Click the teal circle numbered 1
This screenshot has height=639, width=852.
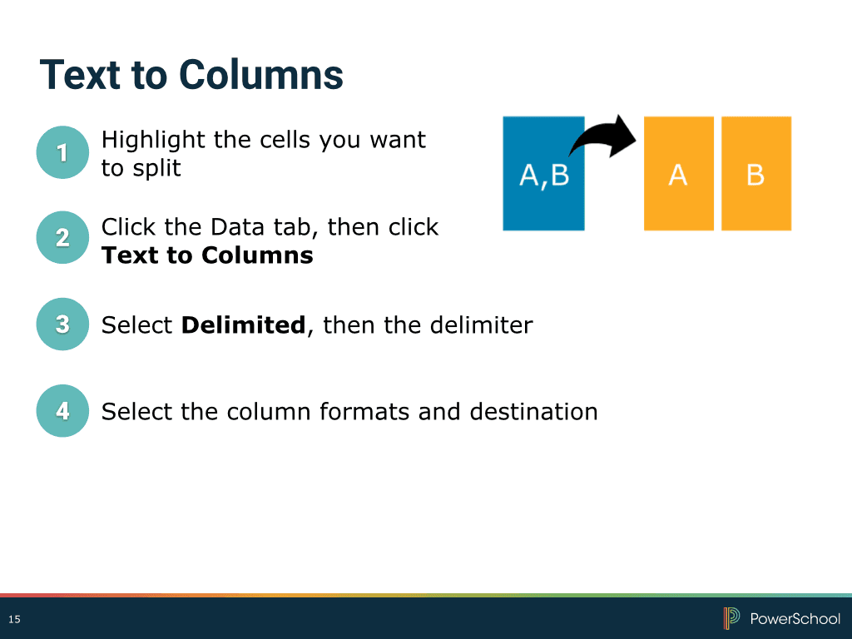pyautogui.click(x=62, y=152)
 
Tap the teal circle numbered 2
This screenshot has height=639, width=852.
pyautogui.click(x=62, y=237)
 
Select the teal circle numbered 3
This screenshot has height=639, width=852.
pyautogui.click(x=62, y=324)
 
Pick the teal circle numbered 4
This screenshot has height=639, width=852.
pyautogui.click(x=62, y=411)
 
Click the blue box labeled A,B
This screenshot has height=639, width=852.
pyautogui.click(x=543, y=173)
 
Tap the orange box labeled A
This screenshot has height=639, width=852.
pyautogui.click(x=679, y=173)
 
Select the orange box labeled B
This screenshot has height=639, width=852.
pyautogui.click(x=755, y=173)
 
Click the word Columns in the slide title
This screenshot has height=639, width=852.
pyautogui.click(x=260, y=74)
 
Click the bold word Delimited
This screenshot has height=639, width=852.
pyautogui.click(x=244, y=325)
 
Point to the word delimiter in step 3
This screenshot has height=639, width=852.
pyautogui.click(x=482, y=325)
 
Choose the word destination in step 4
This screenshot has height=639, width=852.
pyautogui.click(x=533, y=411)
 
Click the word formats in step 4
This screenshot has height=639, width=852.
pyautogui.click(x=364, y=411)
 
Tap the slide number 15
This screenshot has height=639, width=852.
pyautogui.click(x=15, y=619)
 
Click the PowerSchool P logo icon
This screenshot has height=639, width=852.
pyautogui.click(x=731, y=618)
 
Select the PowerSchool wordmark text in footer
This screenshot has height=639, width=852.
pyautogui.click(x=795, y=618)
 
